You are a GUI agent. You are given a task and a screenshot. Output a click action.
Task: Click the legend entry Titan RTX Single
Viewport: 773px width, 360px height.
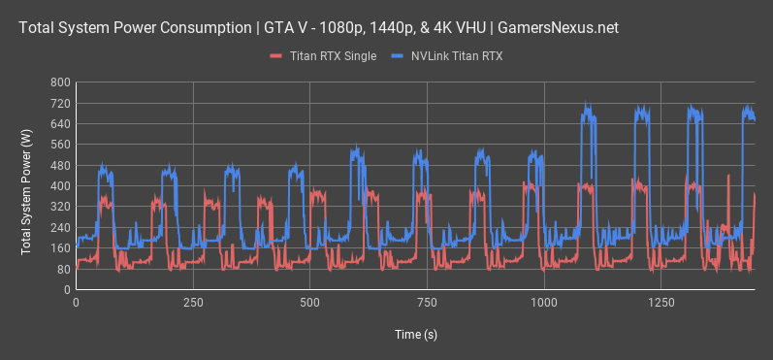pos(334,57)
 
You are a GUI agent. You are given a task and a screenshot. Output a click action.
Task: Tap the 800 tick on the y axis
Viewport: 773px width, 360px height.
pos(59,82)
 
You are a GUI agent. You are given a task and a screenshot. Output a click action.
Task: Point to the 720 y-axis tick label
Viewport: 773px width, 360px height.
pos(59,103)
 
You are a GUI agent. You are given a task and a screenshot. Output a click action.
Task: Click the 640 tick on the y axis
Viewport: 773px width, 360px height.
pos(59,124)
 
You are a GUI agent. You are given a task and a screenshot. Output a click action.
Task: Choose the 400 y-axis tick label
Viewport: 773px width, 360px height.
pos(59,186)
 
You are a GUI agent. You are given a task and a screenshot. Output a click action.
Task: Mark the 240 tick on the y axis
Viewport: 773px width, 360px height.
pos(59,228)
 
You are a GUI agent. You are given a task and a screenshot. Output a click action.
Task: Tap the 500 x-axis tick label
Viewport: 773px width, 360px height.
pos(309,303)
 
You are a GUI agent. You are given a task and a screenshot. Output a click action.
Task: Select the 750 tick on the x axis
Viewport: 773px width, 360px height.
pos(427,303)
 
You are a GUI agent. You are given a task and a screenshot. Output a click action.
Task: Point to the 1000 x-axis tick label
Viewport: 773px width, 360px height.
pos(544,303)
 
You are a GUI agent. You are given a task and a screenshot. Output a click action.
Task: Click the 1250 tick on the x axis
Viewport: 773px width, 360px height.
pos(661,303)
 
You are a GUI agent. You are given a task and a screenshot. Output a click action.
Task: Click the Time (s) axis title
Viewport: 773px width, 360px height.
pos(415,334)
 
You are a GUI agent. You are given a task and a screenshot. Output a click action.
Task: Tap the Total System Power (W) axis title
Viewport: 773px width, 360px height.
pos(24,186)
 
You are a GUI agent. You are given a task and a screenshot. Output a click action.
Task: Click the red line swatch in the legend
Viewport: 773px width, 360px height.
pos(275,57)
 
